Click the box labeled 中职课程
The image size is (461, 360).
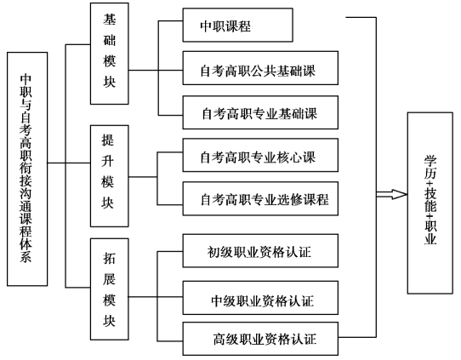(237, 25)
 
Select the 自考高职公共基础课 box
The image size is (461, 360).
(260, 68)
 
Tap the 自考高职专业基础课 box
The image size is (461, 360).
(260, 112)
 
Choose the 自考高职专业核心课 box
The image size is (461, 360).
(260, 155)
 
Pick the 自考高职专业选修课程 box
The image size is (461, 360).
(260, 198)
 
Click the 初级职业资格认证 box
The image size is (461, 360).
(260, 250)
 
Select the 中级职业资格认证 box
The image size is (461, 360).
(260, 298)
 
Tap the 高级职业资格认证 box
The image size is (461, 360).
(260, 339)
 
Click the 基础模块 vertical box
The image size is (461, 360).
(110, 54)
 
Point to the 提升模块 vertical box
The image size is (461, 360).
(110, 176)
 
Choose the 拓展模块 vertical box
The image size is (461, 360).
(110, 289)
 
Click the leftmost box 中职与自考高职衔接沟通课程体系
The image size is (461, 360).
(27, 169)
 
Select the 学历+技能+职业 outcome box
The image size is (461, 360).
(430, 203)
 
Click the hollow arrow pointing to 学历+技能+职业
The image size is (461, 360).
(391, 194)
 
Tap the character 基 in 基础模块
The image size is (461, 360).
(110, 20)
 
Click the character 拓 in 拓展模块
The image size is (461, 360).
(109, 258)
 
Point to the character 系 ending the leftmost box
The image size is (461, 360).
(26, 256)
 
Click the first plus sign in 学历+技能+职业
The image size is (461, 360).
(430, 183)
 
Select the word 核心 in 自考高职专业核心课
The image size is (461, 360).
(289, 157)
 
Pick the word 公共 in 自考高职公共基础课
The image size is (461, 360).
(264, 71)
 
